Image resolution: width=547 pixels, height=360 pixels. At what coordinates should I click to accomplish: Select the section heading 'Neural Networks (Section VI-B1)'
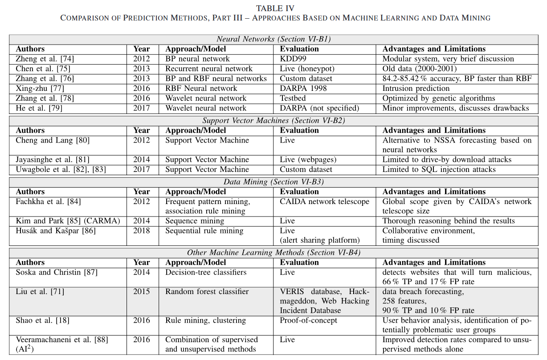(x=273, y=39)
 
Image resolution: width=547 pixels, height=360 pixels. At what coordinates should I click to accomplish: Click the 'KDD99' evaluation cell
(x=292, y=59)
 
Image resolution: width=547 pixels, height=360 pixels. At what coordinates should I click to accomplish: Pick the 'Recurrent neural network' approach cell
(x=209, y=69)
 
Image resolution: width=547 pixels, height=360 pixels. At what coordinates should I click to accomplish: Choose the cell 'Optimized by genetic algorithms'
(x=439, y=98)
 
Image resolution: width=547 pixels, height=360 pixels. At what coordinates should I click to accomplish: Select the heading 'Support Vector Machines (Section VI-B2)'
(x=273, y=120)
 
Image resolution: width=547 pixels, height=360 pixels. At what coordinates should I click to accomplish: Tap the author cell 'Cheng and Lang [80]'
(x=53, y=140)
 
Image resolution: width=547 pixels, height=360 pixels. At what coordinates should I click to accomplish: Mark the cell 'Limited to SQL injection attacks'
(x=439, y=169)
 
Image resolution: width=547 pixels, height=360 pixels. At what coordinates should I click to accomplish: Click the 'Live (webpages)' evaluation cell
(x=308, y=160)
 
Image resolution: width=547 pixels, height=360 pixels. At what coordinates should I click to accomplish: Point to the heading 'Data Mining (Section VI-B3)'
(x=273, y=182)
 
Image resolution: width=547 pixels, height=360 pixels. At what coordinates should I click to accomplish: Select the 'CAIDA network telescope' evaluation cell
(x=324, y=201)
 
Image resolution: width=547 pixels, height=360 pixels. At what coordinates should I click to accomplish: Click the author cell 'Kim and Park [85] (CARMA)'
(x=68, y=221)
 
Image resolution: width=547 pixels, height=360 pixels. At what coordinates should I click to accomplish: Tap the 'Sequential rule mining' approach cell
(x=204, y=231)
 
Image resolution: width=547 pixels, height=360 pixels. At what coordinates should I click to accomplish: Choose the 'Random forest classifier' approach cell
(x=207, y=292)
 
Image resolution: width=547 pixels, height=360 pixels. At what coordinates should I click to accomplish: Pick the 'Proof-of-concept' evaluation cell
(x=309, y=320)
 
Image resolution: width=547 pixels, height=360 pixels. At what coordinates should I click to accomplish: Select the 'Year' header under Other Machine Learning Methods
(x=141, y=262)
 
